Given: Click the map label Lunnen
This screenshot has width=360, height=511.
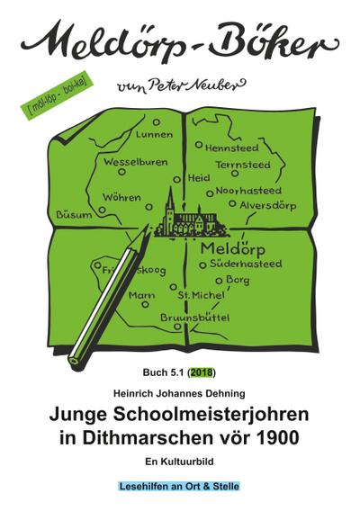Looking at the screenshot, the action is (155, 135).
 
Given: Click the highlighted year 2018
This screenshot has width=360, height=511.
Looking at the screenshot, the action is (202, 372).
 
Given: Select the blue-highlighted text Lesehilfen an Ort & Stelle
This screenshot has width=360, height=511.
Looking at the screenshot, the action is (180, 486).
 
